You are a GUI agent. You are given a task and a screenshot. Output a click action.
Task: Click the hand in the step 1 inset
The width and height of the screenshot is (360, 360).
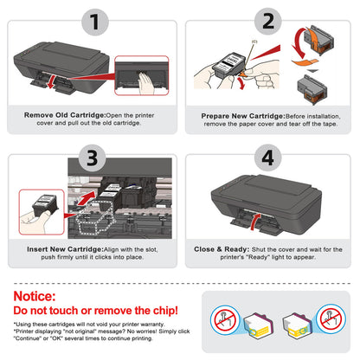tap(143, 80)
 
